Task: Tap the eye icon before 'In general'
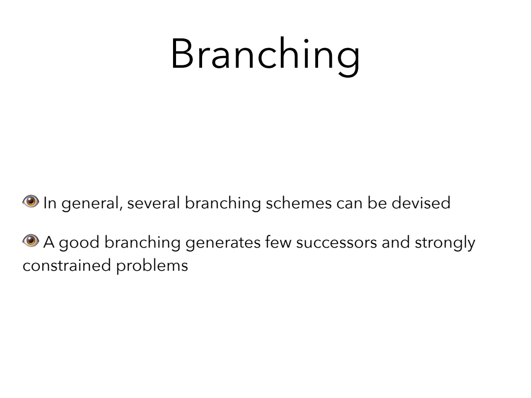[x=31, y=201]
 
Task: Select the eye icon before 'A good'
[x=31, y=241]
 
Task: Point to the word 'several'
[x=153, y=203]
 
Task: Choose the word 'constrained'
[x=67, y=265]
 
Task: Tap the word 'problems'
[x=152, y=266]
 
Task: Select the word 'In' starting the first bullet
[x=50, y=203]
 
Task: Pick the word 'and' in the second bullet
[x=396, y=242]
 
